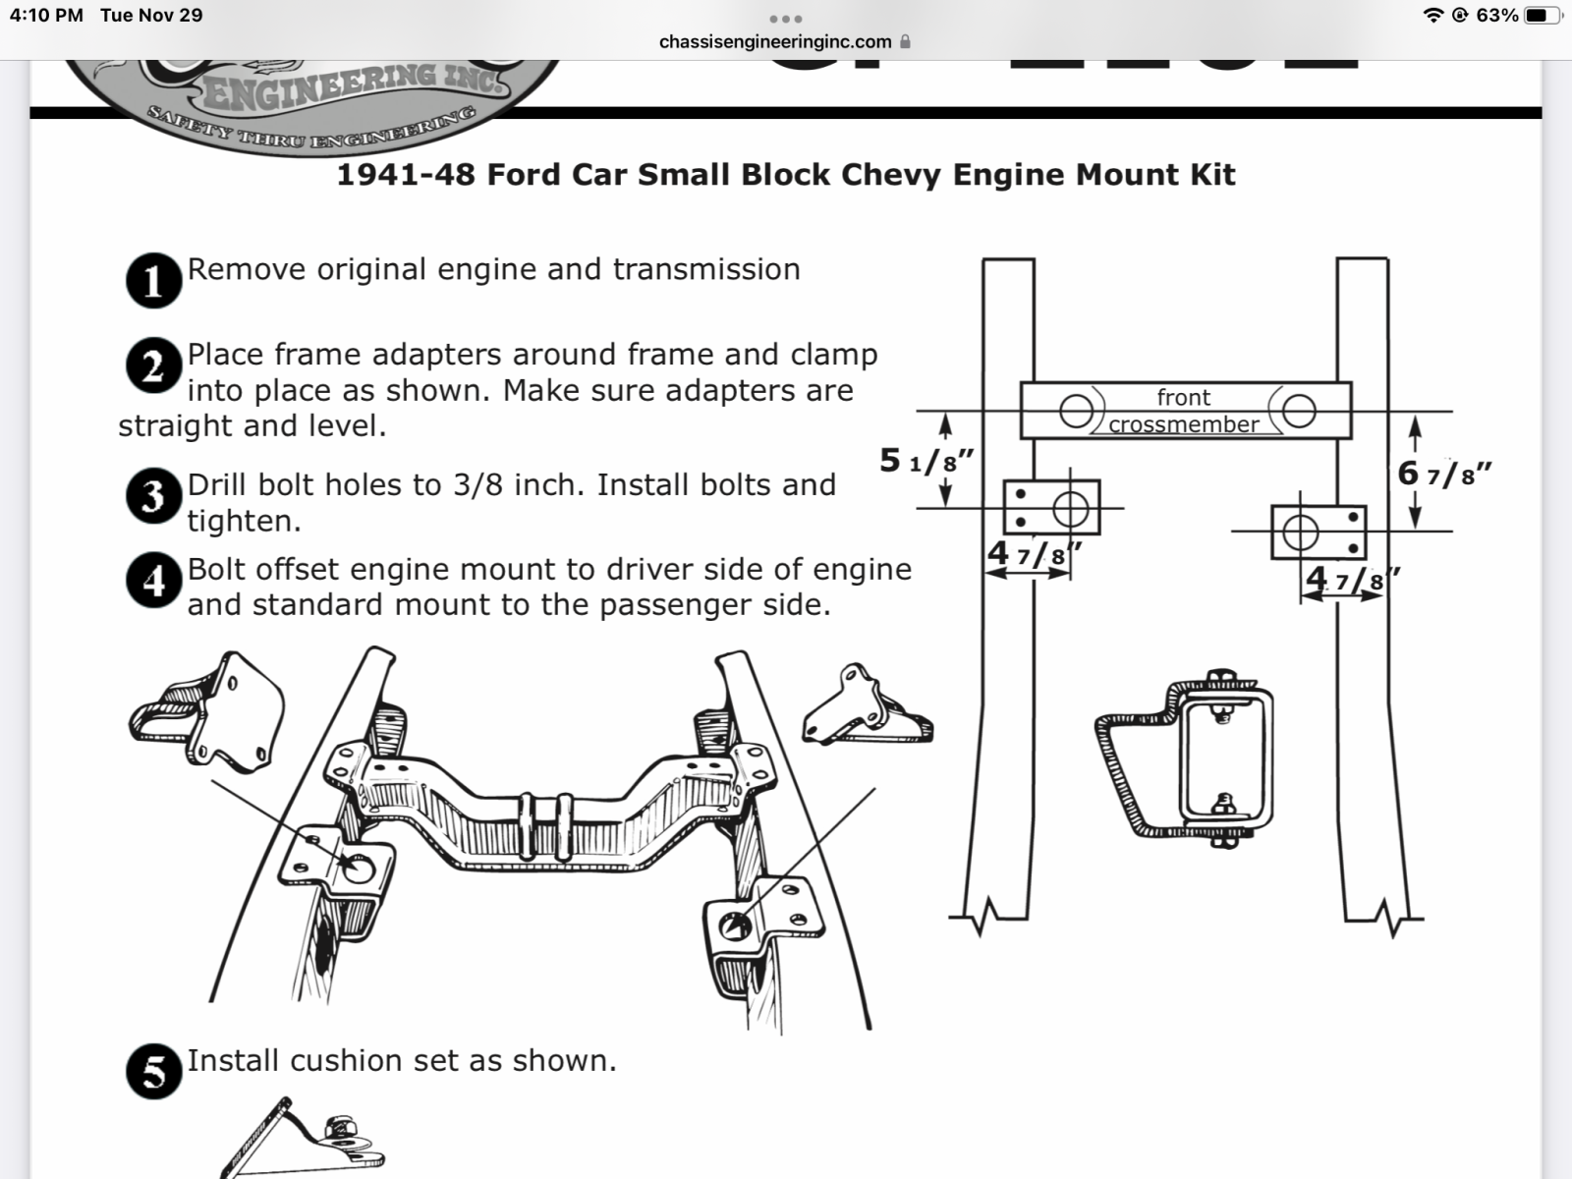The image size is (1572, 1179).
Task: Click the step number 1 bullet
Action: coord(153,281)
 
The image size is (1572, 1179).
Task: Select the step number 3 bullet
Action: coord(153,496)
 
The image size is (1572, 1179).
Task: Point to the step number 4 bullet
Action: coord(153,581)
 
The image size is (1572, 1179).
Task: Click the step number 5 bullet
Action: coord(153,1071)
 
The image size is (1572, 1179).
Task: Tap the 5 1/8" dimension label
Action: coord(926,460)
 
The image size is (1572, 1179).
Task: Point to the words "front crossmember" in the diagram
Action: coord(1184,411)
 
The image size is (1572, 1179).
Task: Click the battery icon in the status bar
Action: coord(1542,16)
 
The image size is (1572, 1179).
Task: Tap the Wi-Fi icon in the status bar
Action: coord(1433,16)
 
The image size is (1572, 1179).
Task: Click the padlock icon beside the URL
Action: coord(905,42)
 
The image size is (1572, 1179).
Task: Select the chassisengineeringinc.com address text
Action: coord(775,42)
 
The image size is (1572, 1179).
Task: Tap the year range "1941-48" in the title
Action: coord(406,175)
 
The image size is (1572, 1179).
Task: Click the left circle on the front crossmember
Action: coord(1076,411)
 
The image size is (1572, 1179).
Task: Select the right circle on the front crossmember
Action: coord(1299,411)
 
